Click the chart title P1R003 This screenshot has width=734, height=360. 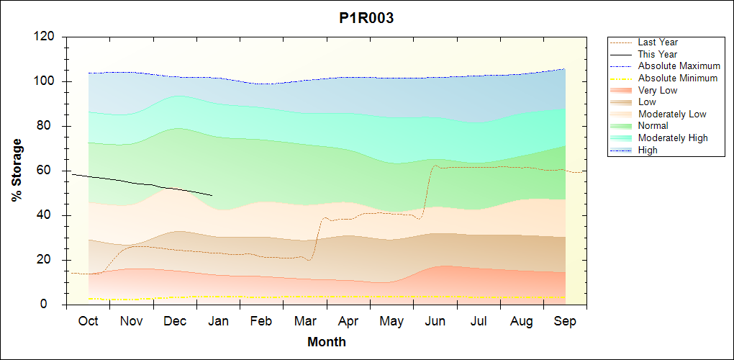[366, 19]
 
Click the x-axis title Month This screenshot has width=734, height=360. [327, 342]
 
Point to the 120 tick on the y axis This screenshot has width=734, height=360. [47, 37]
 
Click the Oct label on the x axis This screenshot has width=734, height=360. [89, 321]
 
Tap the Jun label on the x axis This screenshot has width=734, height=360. [435, 321]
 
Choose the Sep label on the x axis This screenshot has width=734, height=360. [565, 321]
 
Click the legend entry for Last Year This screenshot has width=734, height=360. [657, 42]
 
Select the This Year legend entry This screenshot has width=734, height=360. [657, 54]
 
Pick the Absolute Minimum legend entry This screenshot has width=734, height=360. [677, 78]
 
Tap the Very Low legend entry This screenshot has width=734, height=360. [657, 90]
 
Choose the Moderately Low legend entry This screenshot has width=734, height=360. [671, 114]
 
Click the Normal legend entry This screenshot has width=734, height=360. [653, 126]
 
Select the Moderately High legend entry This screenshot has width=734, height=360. [672, 138]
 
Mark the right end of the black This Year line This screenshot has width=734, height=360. [212, 195]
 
